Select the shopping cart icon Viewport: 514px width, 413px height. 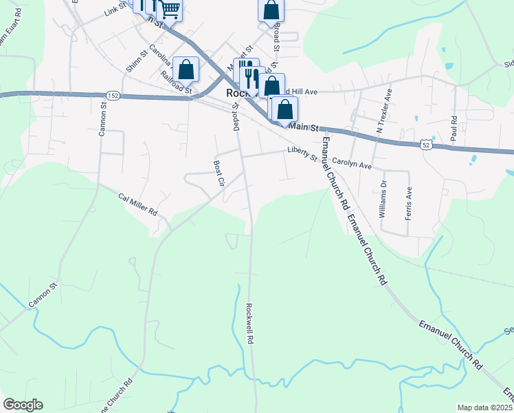[169, 10]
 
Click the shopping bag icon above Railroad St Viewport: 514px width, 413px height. [186, 69]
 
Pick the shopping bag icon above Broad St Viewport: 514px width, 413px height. [271, 10]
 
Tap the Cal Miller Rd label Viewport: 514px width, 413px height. [137, 204]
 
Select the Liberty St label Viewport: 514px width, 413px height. [302, 153]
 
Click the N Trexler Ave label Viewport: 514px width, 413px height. [383, 109]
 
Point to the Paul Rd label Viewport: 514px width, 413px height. [454, 128]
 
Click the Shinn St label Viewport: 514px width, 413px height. [137, 62]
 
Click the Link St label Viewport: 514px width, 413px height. [116, 8]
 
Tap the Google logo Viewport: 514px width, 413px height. [23, 405]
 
